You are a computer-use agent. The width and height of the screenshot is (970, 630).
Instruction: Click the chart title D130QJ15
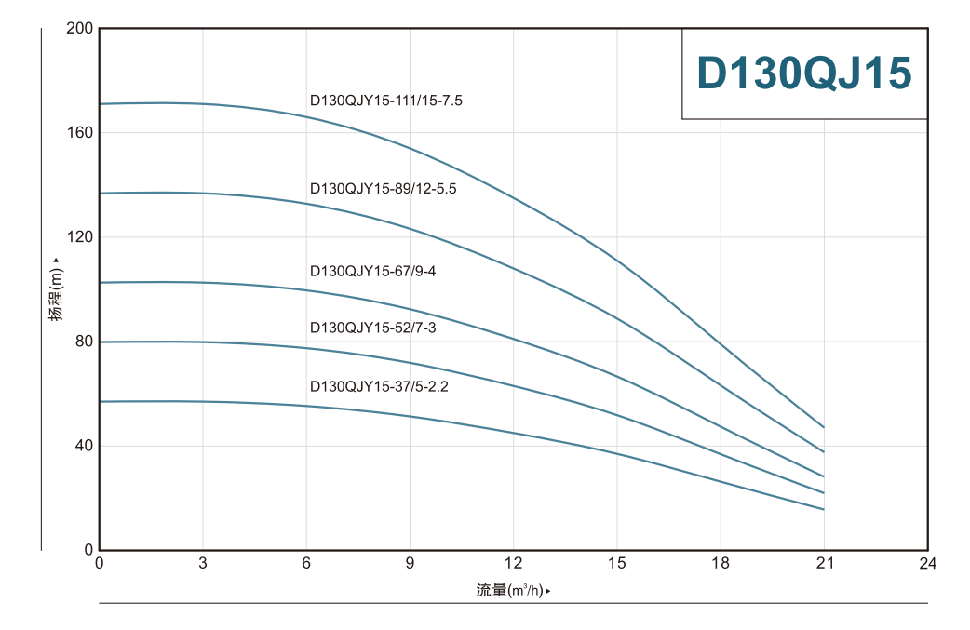pyautogui.click(x=804, y=74)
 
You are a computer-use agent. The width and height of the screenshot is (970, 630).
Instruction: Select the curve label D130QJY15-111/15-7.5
pyautogui.click(x=385, y=100)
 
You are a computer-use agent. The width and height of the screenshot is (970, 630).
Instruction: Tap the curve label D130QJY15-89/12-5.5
pyautogui.click(x=383, y=188)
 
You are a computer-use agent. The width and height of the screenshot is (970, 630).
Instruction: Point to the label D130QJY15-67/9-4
pyautogui.click(x=371, y=271)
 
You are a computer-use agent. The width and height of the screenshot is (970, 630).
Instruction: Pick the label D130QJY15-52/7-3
pyautogui.click(x=372, y=328)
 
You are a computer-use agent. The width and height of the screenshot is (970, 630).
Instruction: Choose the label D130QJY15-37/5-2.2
pyautogui.click(x=379, y=386)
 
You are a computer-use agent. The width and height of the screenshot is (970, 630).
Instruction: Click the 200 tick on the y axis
pyautogui.click(x=81, y=29)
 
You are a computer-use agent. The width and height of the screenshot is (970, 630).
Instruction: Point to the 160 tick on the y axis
pyautogui.click(x=81, y=133)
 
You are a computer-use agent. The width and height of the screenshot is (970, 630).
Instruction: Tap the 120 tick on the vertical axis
pyautogui.click(x=81, y=237)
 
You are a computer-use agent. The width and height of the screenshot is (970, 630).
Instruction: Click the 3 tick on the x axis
pyautogui.click(x=203, y=563)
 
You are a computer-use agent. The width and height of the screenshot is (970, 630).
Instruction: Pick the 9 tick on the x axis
pyautogui.click(x=410, y=563)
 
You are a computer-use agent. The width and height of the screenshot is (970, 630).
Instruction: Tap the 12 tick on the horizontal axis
pyautogui.click(x=513, y=563)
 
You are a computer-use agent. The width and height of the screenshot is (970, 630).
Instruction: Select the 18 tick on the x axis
pyautogui.click(x=720, y=563)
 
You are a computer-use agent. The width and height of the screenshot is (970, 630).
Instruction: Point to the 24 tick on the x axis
pyautogui.click(x=927, y=563)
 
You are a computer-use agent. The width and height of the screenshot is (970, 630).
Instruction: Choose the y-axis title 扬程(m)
pyautogui.click(x=57, y=290)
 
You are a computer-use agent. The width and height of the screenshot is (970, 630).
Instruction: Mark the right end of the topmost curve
pyautogui.click(x=824, y=427)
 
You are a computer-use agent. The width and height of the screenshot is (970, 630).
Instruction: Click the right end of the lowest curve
pyautogui.click(x=824, y=509)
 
